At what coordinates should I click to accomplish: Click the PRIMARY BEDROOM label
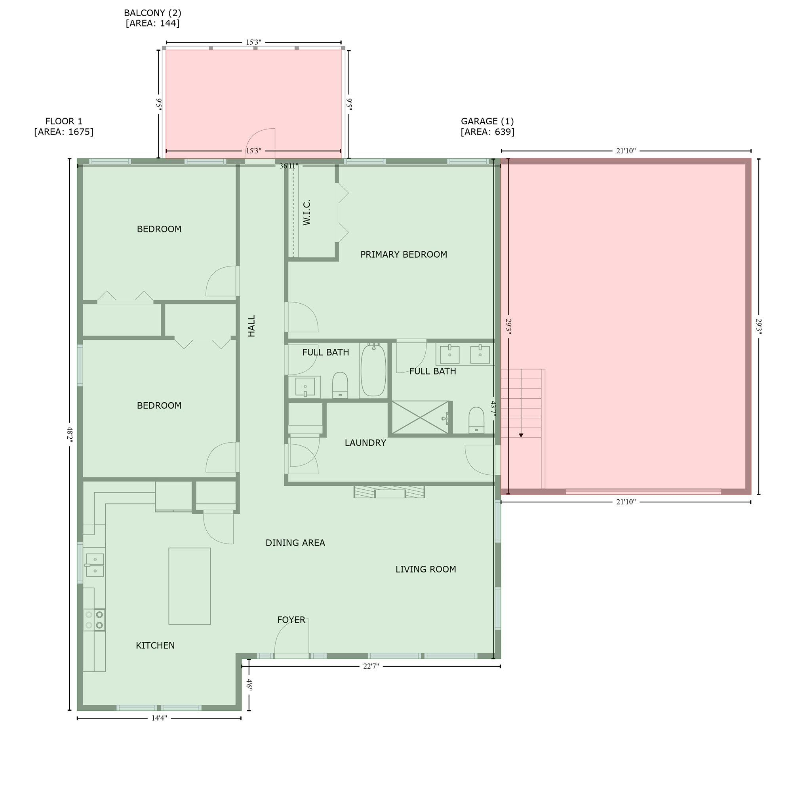[404, 254]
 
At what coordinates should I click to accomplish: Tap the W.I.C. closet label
[307, 213]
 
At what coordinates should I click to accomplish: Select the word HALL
[251, 326]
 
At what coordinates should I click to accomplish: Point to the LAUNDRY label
[365, 443]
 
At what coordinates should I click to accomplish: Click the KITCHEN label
[155, 645]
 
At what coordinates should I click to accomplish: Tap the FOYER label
[291, 620]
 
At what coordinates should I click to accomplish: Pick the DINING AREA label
[295, 542]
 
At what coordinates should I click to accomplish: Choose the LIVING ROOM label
[426, 569]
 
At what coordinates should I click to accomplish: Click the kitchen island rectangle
[190, 586]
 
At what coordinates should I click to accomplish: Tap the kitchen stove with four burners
[94, 620]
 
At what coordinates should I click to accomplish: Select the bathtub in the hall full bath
[374, 370]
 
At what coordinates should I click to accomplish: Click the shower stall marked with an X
[420, 417]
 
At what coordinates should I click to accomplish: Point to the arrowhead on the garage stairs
[521, 435]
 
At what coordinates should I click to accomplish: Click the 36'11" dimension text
[289, 166]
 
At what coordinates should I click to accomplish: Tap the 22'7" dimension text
[371, 666]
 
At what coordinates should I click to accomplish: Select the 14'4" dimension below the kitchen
[159, 718]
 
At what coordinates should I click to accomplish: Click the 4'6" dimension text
[249, 685]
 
